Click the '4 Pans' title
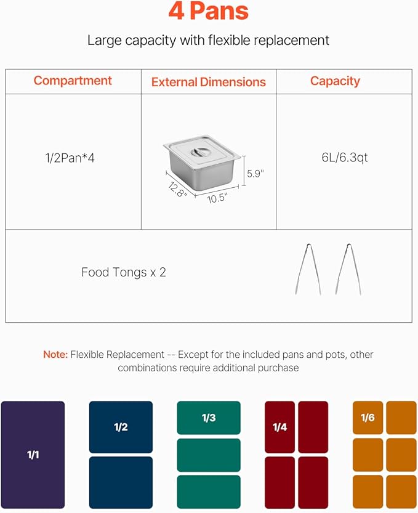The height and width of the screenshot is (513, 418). click(209, 11)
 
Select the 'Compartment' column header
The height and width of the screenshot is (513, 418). click(73, 81)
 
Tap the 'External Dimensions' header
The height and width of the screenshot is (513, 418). click(209, 82)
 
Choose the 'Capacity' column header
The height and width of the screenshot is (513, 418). click(335, 81)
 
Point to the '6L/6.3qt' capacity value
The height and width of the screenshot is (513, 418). click(344, 158)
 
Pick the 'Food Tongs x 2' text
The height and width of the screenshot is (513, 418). click(123, 272)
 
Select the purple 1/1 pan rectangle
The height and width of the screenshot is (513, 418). click(33, 455)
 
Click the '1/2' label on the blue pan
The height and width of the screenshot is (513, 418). click(121, 427)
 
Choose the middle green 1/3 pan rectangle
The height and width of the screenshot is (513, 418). click(209, 455)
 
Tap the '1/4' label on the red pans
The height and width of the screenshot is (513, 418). click(279, 427)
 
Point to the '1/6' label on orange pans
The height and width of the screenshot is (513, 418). click(368, 418)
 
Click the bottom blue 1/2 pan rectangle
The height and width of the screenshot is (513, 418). click(121, 482)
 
